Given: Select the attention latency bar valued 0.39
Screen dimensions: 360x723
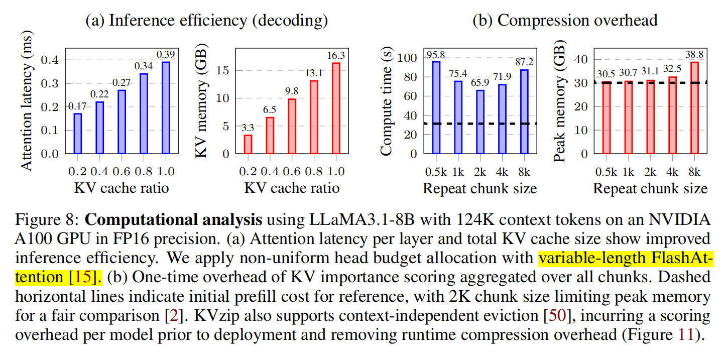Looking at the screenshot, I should click(166, 107).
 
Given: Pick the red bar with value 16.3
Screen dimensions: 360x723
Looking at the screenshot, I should click(336, 107).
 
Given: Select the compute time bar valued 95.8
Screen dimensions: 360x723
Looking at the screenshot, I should click(435, 107).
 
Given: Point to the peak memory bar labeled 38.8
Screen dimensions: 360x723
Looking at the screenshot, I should click(695, 107).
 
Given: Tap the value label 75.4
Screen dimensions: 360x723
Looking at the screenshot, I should click(458, 71).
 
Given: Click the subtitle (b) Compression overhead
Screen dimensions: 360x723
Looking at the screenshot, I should click(565, 20).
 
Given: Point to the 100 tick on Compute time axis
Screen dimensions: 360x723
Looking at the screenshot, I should click(415, 58).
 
